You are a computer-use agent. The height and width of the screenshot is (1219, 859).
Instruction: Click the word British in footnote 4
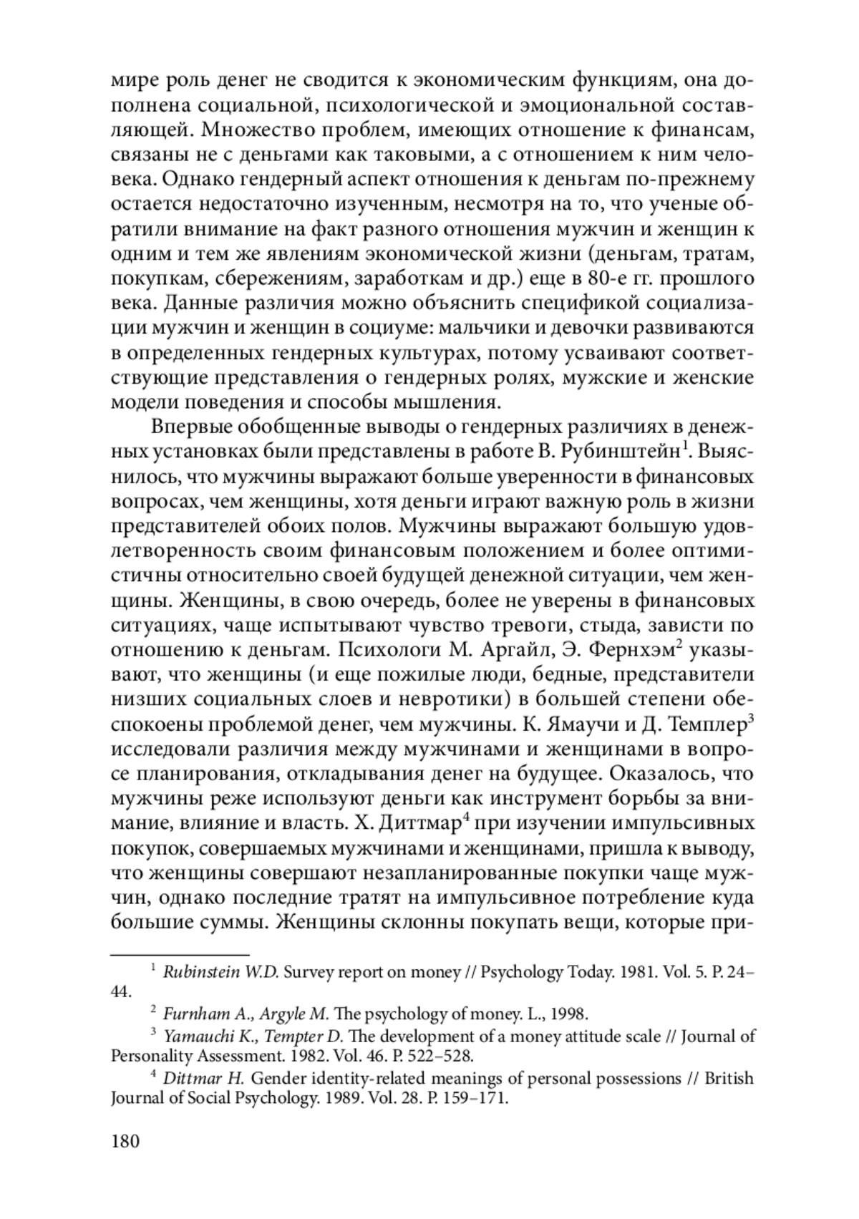click(x=729, y=1078)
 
